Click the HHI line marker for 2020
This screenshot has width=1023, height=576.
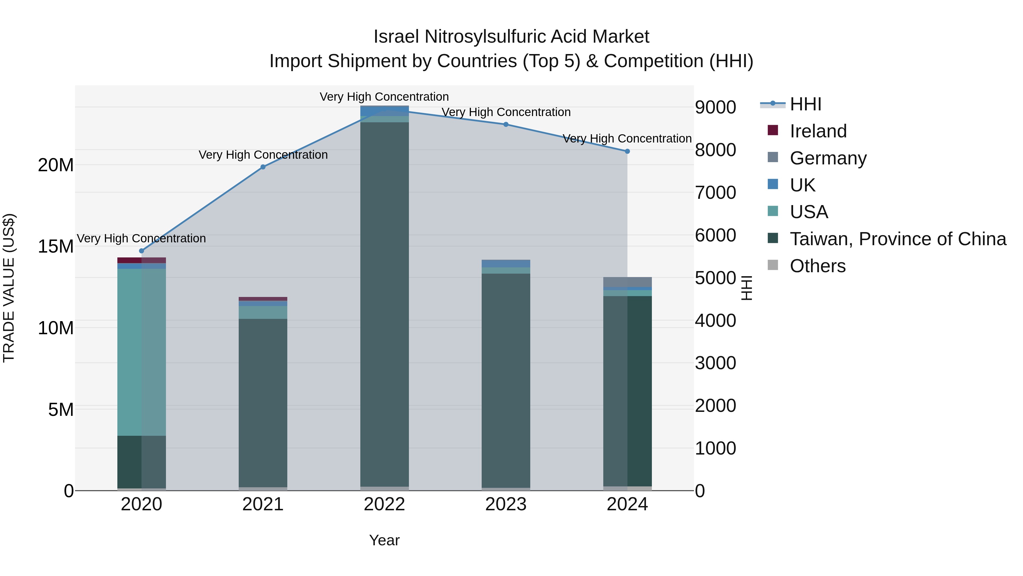click(x=142, y=251)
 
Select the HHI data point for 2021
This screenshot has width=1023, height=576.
click(x=263, y=167)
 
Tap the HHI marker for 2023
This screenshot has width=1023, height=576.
click(x=506, y=124)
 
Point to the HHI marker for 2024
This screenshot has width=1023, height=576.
click(x=627, y=151)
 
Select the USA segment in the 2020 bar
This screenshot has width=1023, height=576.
click(x=142, y=352)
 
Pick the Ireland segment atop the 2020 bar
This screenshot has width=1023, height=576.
click(x=142, y=260)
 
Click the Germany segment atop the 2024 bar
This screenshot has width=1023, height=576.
click(x=627, y=282)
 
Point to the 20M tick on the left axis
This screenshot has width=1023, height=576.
click(x=56, y=165)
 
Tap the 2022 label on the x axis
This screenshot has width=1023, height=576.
click(x=384, y=504)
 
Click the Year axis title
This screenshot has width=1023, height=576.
click(x=384, y=540)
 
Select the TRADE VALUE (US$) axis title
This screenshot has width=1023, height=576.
click(x=9, y=288)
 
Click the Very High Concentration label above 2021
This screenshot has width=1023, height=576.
click(x=263, y=155)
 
